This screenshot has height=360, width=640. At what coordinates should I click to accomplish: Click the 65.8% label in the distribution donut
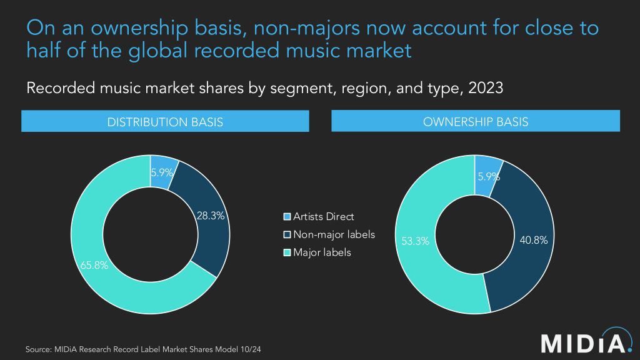point(94,265)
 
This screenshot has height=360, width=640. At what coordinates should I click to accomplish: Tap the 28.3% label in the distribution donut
point(211,216)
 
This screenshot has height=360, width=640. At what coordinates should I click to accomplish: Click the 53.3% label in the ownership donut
point(415,241)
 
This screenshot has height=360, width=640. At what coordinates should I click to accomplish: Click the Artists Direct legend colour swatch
point(287,217)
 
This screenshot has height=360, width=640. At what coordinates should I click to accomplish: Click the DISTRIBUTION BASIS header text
point(165,122)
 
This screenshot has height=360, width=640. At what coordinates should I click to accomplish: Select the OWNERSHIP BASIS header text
point(476,122)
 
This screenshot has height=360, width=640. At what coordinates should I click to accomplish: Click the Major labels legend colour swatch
point(287,252)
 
